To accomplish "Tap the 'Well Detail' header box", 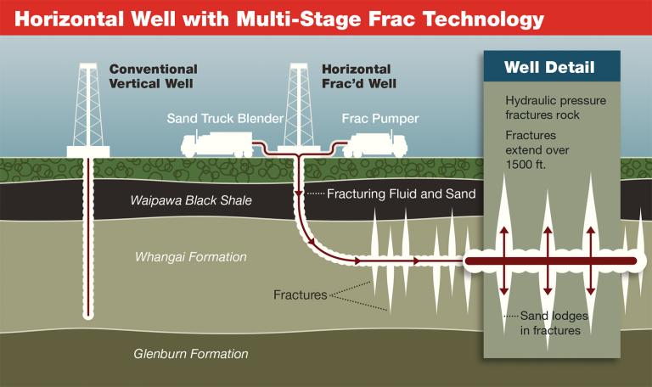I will (x=550, y=67).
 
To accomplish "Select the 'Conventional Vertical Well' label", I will (x=153, y=76).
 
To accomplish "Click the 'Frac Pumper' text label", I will (x=380, y=120).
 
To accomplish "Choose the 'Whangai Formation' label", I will (x=191, y=256).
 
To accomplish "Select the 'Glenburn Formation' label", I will (x=191, y=354).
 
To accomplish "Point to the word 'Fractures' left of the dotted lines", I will (x=300, y=295).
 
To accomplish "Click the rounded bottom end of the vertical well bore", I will (x=89, y=317).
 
